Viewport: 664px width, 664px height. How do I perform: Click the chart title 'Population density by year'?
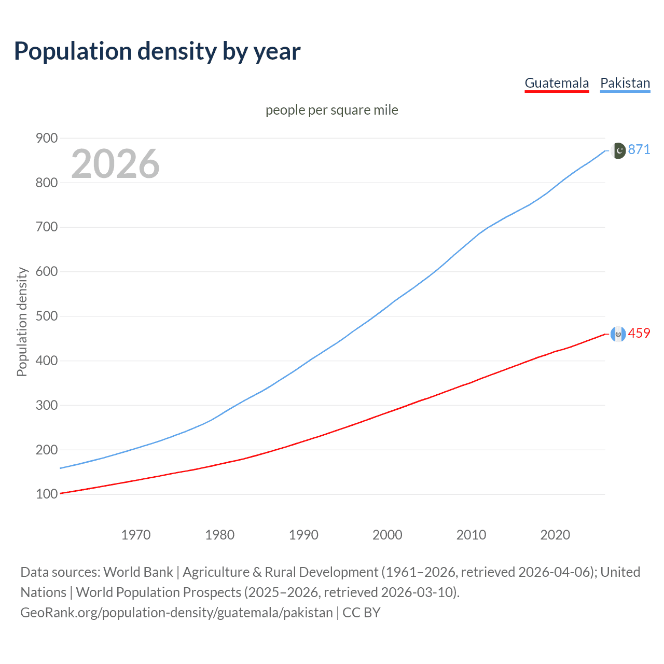tap(157, 51)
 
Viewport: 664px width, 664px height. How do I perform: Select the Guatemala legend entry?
tap(557, 83)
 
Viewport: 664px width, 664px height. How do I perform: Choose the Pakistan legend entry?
tap(625, 83)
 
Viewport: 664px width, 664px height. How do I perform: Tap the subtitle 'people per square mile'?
tap(331, 110)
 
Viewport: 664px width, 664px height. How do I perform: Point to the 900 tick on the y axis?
tap(46, 138)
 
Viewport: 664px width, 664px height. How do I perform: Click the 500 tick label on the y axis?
tap(46, 316)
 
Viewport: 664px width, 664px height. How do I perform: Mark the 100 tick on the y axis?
tap(46, 494)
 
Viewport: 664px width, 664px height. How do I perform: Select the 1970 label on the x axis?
tap(136, 535)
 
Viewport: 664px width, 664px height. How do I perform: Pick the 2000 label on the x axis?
tap(387, 535)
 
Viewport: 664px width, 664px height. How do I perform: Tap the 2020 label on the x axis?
tap(555, 535)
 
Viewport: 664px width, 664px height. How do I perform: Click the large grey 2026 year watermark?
tap(115, 164)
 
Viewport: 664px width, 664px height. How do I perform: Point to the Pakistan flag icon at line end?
tap(618, 150)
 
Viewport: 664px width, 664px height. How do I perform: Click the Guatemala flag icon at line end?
tap(618, 334)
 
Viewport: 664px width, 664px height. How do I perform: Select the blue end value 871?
tap(639, 149)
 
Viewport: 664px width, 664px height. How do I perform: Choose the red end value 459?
tap(639, 333)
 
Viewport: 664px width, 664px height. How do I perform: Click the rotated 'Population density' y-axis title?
tap(22, 322)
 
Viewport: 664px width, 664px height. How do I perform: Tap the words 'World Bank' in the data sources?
tap(138, 572)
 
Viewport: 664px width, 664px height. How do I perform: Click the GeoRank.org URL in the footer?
tap(176, 613)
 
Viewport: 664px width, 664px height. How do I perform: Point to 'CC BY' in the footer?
tap(362, 613)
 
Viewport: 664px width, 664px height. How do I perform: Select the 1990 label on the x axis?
tap(303, 535)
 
